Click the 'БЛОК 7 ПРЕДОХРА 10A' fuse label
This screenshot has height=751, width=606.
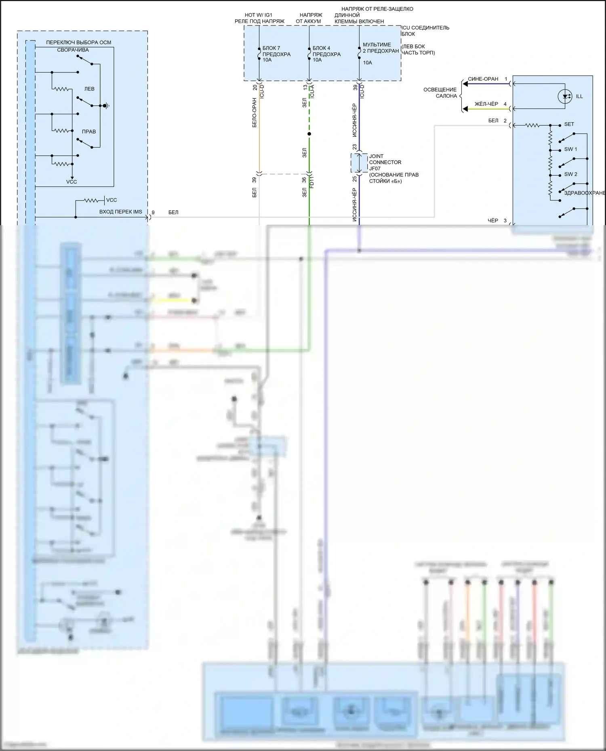[276, 54]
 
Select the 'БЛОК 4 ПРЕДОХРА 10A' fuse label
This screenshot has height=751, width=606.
[326, 54]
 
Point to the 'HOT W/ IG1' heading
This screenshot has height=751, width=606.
[259, 15]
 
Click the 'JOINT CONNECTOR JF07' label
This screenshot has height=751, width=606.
[385, 162]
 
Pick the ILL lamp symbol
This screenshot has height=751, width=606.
[565, 96]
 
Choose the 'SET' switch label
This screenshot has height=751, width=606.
[569, 124]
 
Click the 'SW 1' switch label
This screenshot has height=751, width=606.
[570, 149]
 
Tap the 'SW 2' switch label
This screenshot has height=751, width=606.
[570, 174]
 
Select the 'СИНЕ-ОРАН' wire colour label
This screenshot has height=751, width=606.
[483, 79]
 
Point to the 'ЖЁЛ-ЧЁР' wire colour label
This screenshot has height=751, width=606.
[486, 104]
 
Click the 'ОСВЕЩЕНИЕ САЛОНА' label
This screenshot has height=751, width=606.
[440, 93]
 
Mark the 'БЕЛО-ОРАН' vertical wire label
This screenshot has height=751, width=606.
[255, 113]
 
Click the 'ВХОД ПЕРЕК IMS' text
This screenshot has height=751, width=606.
[120, 212]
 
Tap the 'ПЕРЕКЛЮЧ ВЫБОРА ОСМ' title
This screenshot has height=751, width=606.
[78, 42]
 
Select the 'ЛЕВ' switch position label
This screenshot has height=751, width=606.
[89, 89]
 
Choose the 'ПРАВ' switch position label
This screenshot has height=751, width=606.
[89, 132]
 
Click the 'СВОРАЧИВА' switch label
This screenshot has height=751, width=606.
[73, 50]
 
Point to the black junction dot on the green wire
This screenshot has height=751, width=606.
[309, 134]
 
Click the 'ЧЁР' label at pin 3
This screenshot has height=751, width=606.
[492, 221]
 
